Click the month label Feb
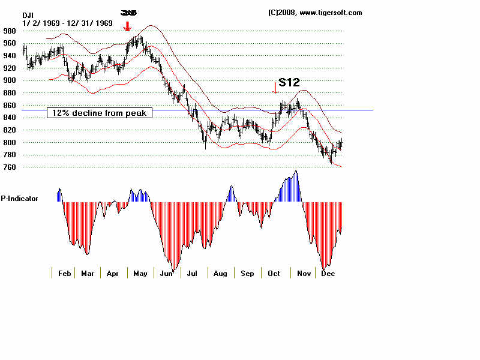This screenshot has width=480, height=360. [64, 274]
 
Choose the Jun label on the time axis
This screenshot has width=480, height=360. [166, 274]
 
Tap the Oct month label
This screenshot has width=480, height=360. [274, 274]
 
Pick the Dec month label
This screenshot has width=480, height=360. [328, 274]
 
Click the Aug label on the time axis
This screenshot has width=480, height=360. [220, 274]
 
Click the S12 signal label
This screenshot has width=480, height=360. [289, 83]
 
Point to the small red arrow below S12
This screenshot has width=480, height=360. [275, 88]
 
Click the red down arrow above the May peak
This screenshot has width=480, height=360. [127, 26]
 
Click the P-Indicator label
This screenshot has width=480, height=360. [20, 198]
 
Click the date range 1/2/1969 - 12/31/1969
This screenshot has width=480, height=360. [67, 23]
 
